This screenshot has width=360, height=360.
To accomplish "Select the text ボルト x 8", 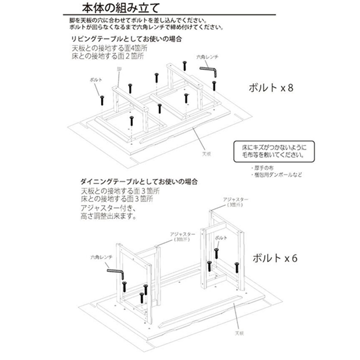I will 273,88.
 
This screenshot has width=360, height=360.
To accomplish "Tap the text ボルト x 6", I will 275,258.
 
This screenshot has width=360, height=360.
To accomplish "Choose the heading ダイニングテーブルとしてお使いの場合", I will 139,181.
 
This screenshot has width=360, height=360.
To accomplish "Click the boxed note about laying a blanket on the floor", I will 270,151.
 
